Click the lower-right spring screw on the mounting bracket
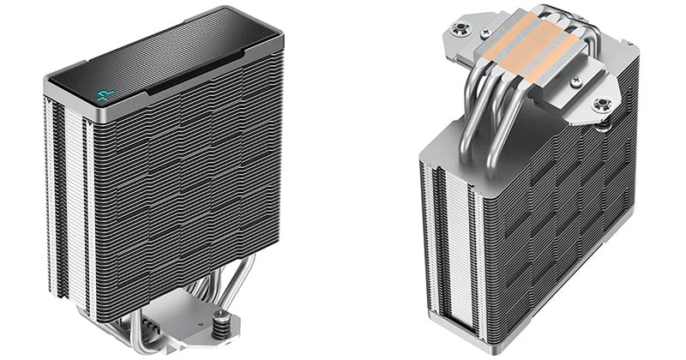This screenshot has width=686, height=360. [x=602, y=105]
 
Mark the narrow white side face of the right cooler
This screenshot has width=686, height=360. [x=446, y=249]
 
